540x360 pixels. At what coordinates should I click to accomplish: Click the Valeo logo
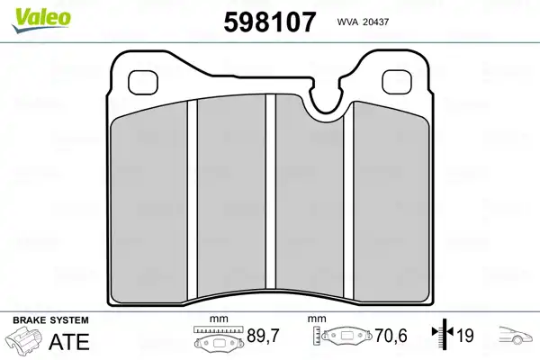(x=41, y=21)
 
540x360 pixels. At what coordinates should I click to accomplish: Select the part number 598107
(x=270, y=22)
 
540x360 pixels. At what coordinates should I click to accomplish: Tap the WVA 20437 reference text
(x=363, y=22)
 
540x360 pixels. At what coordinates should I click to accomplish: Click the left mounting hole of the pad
(x=143, y=83)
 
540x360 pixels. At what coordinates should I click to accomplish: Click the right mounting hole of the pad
(x=397, y=82)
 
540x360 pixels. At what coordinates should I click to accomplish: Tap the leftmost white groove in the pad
(x=193, y=199)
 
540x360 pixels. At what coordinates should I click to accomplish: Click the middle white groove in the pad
(x=271, y=192)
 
